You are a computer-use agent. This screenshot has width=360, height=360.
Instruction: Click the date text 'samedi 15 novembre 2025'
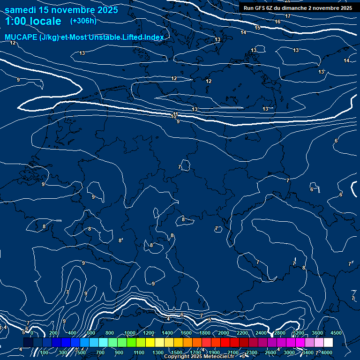(x=61, y=10)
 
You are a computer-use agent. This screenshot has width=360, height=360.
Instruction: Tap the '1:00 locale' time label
(x=33, y=21)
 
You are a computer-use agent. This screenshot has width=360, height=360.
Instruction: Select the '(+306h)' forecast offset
(x=83, y=21)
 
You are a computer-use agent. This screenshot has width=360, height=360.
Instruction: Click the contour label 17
(x=288, y=16)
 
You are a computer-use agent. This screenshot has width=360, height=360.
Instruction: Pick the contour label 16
(x=277, y=22)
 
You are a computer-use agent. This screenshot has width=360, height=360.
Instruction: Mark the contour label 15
(x=257, y=28)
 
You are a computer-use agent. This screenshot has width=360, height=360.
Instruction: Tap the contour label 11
(x=176, y=114)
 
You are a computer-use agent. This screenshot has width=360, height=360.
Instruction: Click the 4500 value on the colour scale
(x=336, y=333)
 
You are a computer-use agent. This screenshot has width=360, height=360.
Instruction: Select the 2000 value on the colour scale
(x=224, y=333)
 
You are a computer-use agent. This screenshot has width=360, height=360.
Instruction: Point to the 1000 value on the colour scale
(x=130, y=333)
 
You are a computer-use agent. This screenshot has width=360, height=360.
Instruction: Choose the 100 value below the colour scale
(x=44, y=352)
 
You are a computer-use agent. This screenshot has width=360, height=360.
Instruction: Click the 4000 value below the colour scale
(x=327, y=352)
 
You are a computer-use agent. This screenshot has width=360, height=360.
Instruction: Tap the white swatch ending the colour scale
(x=328, y=343)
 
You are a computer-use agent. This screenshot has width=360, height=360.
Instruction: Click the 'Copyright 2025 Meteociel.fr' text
(x=199, y=357)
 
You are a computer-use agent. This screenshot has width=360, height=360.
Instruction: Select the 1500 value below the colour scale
(x=177, y=352)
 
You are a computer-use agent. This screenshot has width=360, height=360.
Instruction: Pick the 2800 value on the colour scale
(x=280, y=333)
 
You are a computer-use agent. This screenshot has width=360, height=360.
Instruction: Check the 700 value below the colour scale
(x=100, y=352)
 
